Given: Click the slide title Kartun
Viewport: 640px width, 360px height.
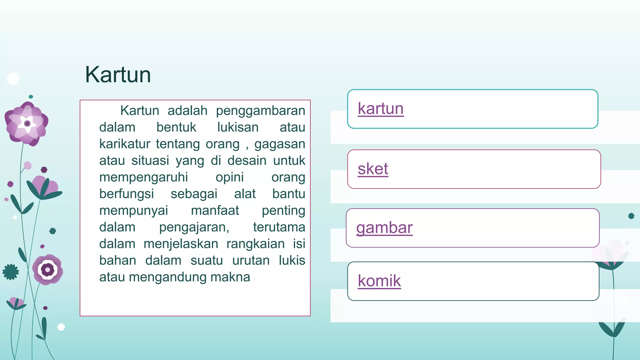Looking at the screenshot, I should (x=118, y=75).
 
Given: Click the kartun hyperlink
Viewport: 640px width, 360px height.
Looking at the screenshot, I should (x=381, y=109).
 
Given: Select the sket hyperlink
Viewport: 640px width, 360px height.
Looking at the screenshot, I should (x=373, y=169).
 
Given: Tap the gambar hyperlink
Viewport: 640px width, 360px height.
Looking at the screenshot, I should (x=384, y=228).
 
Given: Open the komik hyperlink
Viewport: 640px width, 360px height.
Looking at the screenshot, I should (x=379, y=281).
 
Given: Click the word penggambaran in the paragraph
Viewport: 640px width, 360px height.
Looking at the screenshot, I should (x=260, y=111).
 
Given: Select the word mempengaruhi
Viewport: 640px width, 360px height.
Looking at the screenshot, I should (x=143, y=177).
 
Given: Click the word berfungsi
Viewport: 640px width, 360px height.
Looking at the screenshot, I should (x=127, y=194).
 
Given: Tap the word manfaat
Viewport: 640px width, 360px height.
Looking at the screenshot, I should (x=215, y=210).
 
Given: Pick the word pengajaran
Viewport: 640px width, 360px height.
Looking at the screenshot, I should (x=194, y=227).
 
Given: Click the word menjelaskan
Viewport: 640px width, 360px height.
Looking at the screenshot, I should (x=181, y=244).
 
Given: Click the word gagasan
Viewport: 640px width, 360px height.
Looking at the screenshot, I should (x=279, y=144).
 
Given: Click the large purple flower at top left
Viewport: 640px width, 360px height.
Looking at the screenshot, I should (x=27, y=124).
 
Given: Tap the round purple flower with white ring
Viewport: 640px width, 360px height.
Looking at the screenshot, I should (x=47, y=269).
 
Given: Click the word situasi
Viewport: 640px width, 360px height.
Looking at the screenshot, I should (x=150, y=161).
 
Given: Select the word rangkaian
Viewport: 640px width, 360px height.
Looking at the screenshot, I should (x=255, y=244).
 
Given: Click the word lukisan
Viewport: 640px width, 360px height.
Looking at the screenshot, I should (x=238, y=127).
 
